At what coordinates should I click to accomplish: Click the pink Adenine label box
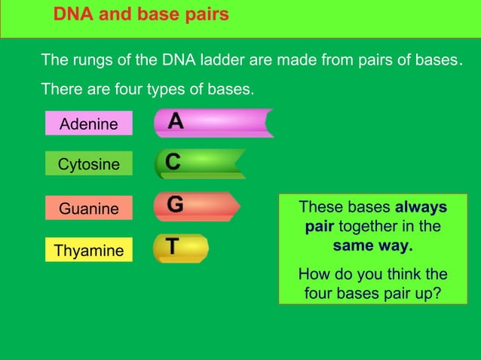[88, 124]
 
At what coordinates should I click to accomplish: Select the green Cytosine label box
[88, 164]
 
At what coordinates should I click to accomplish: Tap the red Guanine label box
[88, 208]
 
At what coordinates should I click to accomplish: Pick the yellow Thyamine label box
[88, 250]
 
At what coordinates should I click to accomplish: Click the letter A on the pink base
[175, 121]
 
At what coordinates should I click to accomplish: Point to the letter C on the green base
[173, 162]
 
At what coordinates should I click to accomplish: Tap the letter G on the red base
[174, 204]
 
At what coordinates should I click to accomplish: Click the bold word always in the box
[421, 207]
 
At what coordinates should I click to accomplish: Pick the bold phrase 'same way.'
[372, 246]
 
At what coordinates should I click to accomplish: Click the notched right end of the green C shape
[240, 163]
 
